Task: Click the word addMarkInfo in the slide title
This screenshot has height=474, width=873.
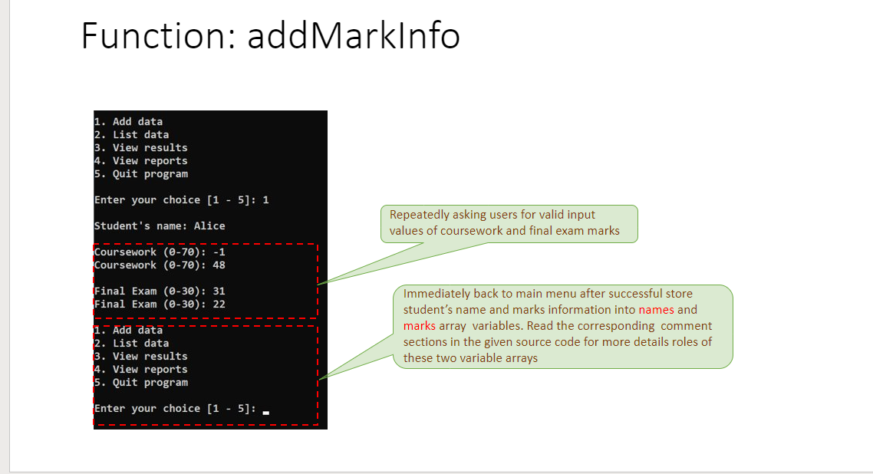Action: click(x=354, y=35)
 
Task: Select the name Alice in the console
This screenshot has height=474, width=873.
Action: click(x=209, y=226)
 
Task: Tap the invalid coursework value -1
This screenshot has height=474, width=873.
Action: click(x=219, y=252)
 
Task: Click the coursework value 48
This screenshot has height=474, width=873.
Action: click(x=219, y=265)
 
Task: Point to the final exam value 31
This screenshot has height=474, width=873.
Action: click(x=219, y=291)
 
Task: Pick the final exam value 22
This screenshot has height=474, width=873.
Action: click(x=219, y=304)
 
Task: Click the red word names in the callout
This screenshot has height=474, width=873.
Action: click(x=656, y=310)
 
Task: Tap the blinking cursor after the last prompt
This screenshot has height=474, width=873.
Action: click(x=266, y=413)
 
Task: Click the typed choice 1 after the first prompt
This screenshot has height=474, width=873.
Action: click(x=265, y=200)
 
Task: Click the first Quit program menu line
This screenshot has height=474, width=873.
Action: click(x=140, y=174)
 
